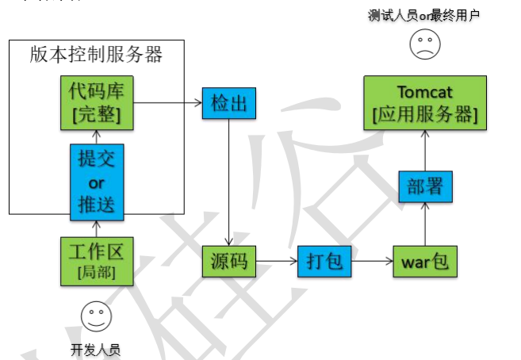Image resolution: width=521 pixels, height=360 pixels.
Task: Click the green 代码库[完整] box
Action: coord(96,103)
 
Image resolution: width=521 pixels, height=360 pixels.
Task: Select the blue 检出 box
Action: coord(228,103)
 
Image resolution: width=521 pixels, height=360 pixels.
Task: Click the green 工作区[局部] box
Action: coord(96,261)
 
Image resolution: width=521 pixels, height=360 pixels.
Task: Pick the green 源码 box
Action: coord(228,261)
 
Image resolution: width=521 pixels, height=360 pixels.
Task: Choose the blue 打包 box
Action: coord(324,261)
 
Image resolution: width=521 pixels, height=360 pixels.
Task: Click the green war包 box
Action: coord(425,261)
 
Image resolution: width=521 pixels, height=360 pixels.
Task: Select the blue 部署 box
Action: coord(425,186)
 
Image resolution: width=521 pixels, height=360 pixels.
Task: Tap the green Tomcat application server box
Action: coord(425,103)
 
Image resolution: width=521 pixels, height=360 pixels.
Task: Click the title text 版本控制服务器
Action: coord(96,55)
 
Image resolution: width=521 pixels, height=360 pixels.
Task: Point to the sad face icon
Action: coord(425,44)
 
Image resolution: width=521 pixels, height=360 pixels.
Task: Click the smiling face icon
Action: coord(96,316)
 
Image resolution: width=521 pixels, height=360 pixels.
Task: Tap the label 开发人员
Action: coord(96,349)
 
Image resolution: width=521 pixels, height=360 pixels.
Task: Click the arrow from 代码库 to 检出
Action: coord(167,103)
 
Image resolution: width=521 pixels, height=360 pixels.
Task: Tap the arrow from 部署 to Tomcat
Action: coord(425,151)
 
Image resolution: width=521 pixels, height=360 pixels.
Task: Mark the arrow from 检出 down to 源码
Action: coord(228,182)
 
